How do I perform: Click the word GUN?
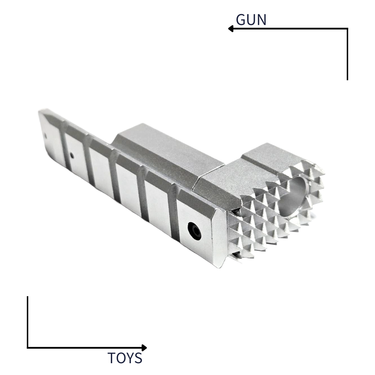coord(251,20)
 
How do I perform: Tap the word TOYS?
coord(125,358)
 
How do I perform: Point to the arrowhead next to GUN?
coord(231,29)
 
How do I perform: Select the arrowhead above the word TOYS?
coord(144,348)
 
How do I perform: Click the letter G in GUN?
coord(241,20)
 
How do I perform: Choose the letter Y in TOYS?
coord(130,358)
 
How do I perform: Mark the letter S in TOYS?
coord(139,358)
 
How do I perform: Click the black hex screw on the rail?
coord(194,231)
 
